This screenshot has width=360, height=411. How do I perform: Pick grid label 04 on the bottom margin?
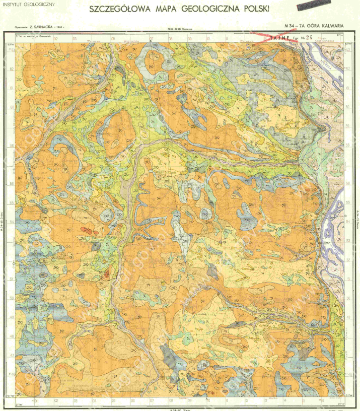tap(94, 401)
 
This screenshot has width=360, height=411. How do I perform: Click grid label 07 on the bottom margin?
tap(151, 401)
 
